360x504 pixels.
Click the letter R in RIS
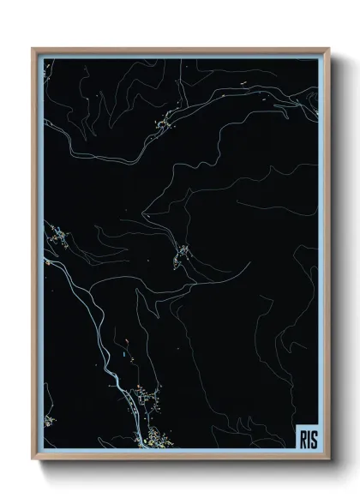(303, 438)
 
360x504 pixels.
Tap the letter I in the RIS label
(309, 438)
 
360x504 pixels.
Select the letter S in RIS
(314, 438)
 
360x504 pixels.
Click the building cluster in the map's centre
(183, 253)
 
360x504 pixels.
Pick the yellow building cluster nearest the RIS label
(156, 440)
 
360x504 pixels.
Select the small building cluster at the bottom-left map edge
(48, 420)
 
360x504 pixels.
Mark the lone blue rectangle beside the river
(125, 351)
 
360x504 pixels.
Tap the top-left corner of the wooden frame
(33, 49)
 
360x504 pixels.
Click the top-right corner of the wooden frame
(327, 49)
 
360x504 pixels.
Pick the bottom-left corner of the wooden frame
(33, 460)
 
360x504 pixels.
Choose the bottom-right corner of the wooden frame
(327, 460)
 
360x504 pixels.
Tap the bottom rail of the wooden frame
(180, 459)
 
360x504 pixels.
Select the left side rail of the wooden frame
(35, 257)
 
